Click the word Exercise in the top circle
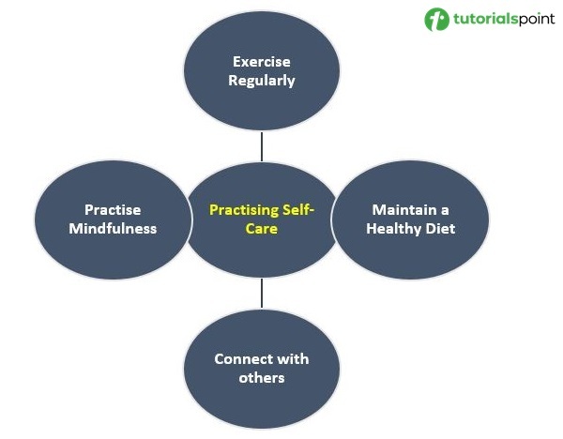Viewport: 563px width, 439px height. [x=262, y=62]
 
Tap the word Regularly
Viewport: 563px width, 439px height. [x=262, y=81]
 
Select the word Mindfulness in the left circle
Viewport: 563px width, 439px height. [x=113, y=228]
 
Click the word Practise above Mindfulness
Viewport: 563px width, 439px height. [x=113, y=209]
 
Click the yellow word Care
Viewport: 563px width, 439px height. [x=262, y=228]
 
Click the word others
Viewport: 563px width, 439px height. [x=262, y=378]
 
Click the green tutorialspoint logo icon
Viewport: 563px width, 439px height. [x=436, y=20]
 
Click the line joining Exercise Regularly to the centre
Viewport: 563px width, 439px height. [x=262, y=146]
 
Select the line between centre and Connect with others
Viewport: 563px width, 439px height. [x=262, y=294]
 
